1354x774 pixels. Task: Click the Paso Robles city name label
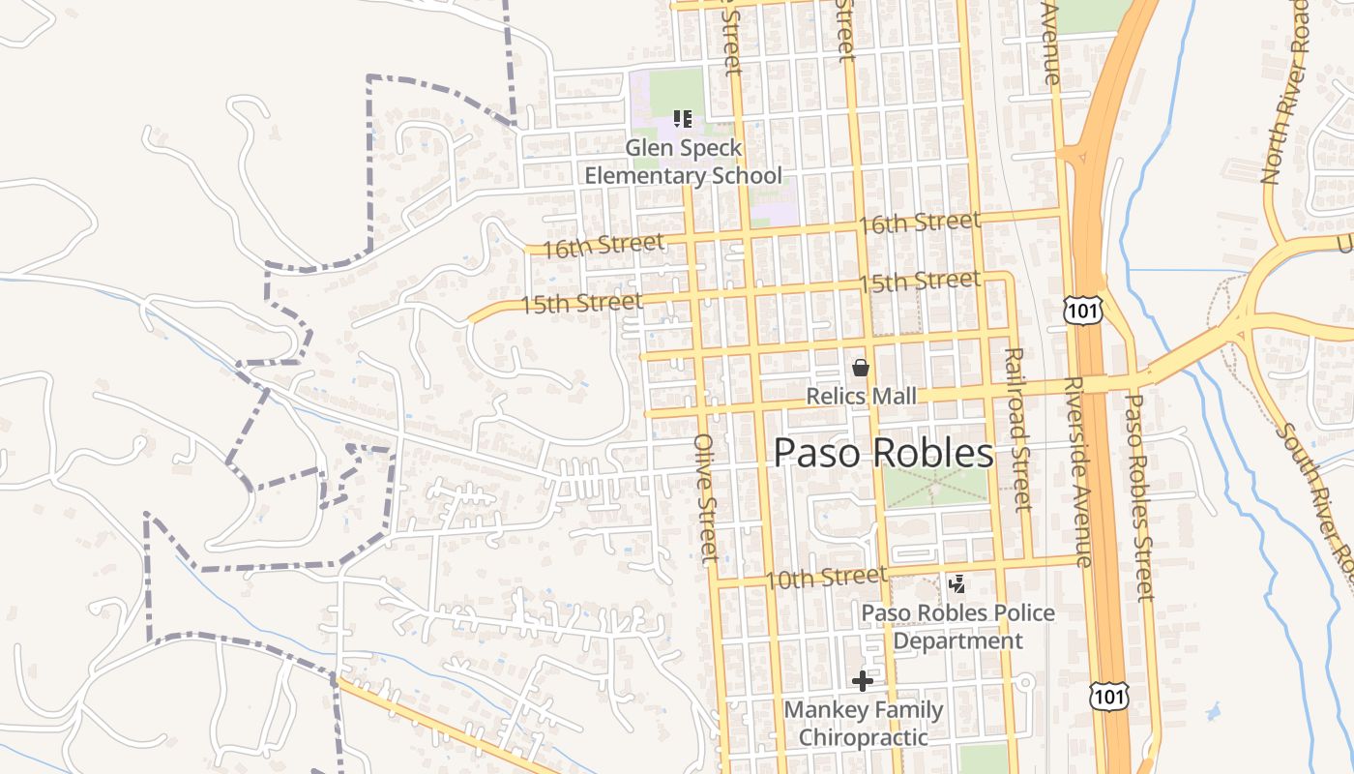coord(884,453)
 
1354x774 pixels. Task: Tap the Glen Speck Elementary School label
coord(684,162)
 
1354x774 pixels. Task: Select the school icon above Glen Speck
coord(683,119)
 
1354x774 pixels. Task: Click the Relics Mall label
coord(862,397)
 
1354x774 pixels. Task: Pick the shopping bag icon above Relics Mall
coord(860,368)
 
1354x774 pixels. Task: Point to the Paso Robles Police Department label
coord(957,627)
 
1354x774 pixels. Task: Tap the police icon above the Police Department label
coord(957,583)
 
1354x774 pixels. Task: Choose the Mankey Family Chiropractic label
coord(864,723)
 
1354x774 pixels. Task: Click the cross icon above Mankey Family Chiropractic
coord(862,681)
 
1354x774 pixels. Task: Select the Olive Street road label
coord(707,497)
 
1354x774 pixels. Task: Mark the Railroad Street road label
coord(1016,430)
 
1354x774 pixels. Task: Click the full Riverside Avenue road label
coord(1076,472)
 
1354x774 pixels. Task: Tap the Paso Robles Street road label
coord(1139,496)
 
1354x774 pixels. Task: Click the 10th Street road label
coord(825,578)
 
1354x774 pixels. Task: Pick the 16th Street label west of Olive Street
coord(603,246)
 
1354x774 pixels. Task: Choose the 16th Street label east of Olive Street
coord(919,223)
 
